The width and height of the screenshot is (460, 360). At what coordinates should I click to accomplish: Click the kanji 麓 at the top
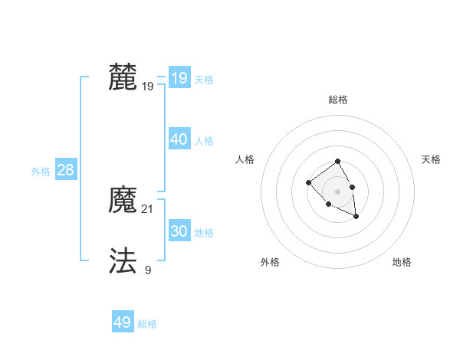(x=123, y=78)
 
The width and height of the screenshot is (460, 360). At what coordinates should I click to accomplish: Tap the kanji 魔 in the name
(x=123, y=201)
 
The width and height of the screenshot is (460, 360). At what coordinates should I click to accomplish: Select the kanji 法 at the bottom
(x=123, y=261)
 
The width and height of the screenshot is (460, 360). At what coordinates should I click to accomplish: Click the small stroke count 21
(x=148, y=208)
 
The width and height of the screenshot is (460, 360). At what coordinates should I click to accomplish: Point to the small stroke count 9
(x=148, y=270)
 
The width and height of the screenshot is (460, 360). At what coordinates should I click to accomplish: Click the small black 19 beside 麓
(x=148, y=87)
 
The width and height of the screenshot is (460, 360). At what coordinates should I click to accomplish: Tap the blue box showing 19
(x=179, y=78)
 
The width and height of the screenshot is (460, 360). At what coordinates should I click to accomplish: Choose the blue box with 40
(x=179, y=139)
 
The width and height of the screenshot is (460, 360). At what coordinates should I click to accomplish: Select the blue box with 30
(x=179, y=231)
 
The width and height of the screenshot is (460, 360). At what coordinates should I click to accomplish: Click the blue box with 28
(x=66, y=170)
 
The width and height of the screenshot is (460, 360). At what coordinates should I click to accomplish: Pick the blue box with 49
(x=123, y=322)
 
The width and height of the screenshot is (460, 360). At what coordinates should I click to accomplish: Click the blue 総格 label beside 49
(x=148, y=324)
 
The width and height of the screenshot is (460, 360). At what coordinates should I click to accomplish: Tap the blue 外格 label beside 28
(x=41, y=172)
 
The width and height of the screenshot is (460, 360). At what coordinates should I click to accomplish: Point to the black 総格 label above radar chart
(x=338, y=100)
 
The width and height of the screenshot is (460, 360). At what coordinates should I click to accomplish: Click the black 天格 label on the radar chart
(x=431, y=159)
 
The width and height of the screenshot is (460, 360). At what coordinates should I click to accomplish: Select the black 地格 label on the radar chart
(x=402, y=262)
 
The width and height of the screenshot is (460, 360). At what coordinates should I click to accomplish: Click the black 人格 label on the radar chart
(x=245, y=159)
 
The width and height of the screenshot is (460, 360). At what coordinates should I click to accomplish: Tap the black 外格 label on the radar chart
(x=270, y=262)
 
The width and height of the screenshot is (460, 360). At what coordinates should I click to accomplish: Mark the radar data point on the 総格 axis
(x=337, y=161)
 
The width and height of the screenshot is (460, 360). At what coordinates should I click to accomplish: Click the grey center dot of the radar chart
(x=337, y=191)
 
